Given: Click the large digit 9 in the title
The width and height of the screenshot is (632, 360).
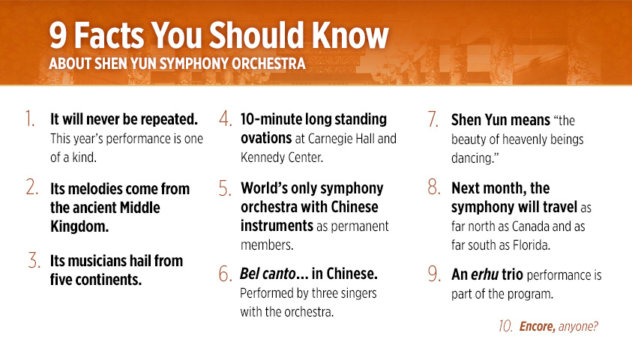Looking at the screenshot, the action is click(58, 35).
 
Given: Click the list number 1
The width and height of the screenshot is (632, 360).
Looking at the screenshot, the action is click(30, 118).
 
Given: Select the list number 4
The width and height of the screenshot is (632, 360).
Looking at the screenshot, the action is click(226, 118).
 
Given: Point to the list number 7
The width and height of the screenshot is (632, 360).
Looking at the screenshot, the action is click(433, 119).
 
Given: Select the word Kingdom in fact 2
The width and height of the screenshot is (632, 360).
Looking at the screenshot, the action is click(79, 226).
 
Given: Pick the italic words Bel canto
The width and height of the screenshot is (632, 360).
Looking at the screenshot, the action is click(268, 274).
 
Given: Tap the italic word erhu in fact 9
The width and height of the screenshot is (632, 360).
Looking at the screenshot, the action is click(485, 274).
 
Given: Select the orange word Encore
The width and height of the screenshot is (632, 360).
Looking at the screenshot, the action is click(538, 326).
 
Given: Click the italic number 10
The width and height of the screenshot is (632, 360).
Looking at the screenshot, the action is click(505, 325).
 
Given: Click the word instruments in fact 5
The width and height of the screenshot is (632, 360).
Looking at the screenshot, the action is click(277, 226).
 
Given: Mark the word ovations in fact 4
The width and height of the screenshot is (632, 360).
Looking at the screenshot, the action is click(266, 138).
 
